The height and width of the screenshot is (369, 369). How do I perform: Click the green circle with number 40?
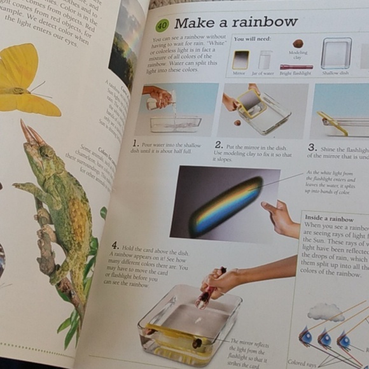pos(162,25)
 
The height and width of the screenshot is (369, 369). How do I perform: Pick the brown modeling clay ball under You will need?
pos(298,44)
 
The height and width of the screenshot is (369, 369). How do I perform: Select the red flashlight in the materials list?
pos(296,67)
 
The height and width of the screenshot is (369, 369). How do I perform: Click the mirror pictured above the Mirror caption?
pos(240,60)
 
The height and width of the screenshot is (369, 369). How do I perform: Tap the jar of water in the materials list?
pos(265,60)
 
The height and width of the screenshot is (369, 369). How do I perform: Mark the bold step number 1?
pos(136,144)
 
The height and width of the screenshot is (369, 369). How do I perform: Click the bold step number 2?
pos(218,144)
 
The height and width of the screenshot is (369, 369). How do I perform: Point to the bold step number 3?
pos(312,148)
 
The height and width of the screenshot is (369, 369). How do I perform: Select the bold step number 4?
pos(115,246)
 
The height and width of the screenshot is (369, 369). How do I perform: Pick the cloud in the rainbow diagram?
pos(325,312)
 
